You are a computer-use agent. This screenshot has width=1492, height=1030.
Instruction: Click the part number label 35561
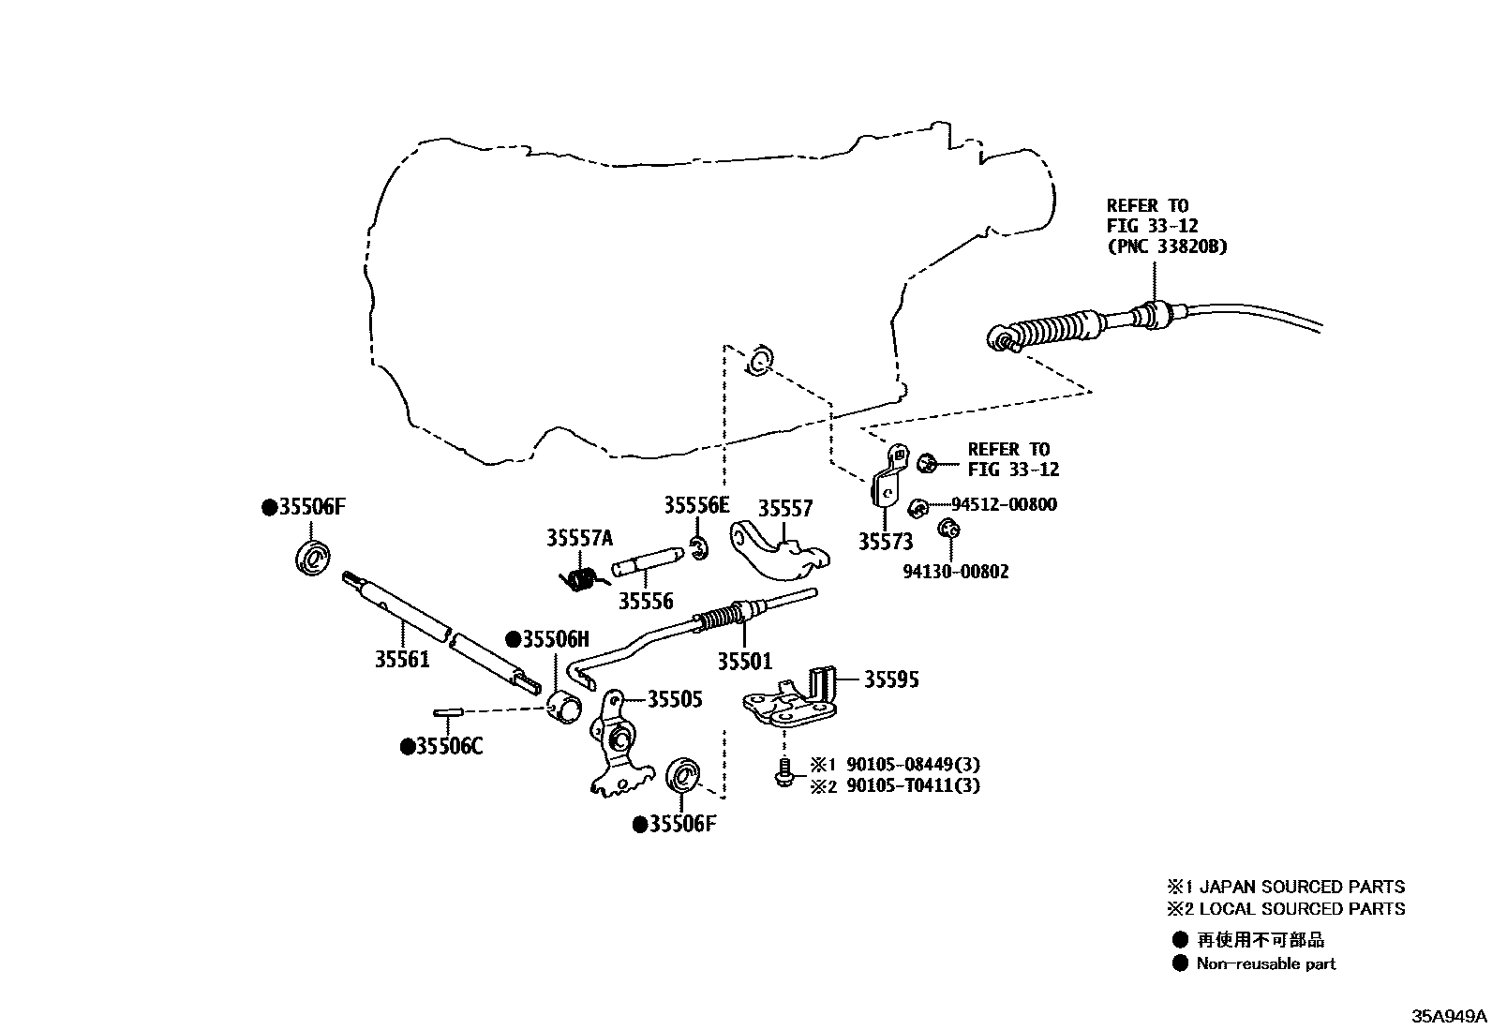[402, 660]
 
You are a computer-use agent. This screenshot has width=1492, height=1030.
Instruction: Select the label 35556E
[695, 506]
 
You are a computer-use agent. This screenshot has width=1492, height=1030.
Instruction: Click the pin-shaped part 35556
[646, 565]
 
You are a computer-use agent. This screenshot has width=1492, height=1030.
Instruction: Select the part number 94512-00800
[1004, 505]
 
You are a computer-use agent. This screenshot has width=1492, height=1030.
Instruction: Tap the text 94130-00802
[956, 572]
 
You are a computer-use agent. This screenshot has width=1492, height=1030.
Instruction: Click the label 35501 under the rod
[745, 661]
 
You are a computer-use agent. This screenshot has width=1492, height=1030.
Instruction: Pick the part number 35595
[890, 679]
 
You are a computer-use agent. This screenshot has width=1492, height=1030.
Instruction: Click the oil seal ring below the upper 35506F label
[311, 558]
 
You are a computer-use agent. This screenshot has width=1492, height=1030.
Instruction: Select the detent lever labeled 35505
[616, 750]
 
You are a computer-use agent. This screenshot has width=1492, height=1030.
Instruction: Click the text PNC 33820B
[1167, 246]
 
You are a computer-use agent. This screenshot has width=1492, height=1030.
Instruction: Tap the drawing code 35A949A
[1450, 1016]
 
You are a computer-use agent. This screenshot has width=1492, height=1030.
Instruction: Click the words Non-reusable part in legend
[1265, 963]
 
